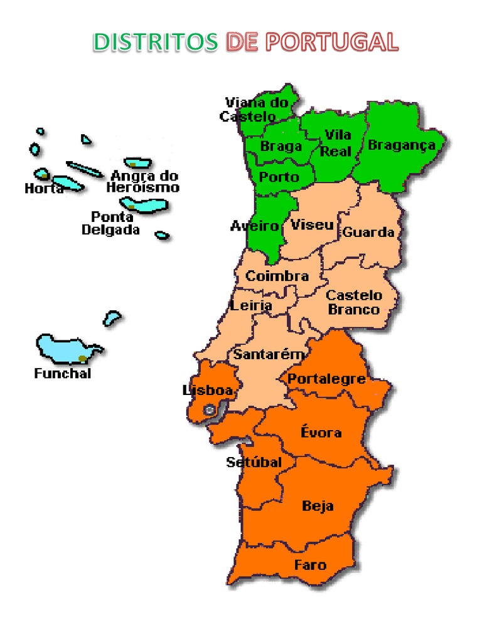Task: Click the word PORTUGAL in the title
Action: (x=331, y=42)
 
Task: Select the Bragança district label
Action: (x=401, y=145)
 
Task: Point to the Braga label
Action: (x=281, y=147)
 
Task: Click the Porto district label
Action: (x=279, y=177)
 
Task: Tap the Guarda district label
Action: (x=368, y=232)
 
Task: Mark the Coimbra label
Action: (x=277, y=276)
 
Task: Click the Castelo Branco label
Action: (x=354, y=302)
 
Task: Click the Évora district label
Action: (x=321, y=432)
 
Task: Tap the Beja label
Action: (x=318, y=505)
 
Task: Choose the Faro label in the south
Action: (x=310, y=565)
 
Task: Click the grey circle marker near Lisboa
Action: (x=210, y=410)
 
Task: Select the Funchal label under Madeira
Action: (x=62, y=373)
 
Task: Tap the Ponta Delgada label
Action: (x=111, y=223)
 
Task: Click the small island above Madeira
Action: (x=112, y=318)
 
